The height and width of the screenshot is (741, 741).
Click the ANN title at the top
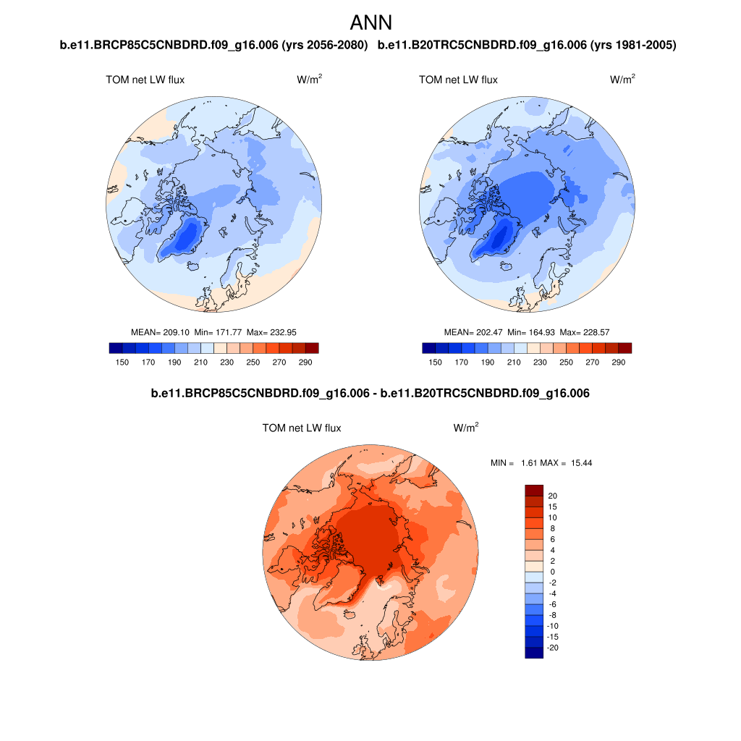tap(370, 22)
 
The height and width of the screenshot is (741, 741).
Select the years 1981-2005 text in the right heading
tap(633, 46)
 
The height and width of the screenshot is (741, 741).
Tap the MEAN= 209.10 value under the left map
tap(160, 332)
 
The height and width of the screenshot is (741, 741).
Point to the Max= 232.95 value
tap(271, 332)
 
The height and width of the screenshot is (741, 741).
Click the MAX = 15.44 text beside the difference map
tap(571, 462)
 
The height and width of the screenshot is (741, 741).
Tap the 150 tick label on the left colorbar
tap(122, 362)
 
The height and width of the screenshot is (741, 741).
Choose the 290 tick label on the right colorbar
tap(618, 362)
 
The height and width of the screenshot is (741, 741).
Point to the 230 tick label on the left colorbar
tap(226, 362)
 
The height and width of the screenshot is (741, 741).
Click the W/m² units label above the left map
tap(309, 80)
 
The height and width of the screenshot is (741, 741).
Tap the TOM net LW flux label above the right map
tap(458, 80)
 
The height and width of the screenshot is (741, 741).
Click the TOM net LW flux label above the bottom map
tap(302, 428)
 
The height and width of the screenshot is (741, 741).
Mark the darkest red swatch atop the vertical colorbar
tap(533, 490)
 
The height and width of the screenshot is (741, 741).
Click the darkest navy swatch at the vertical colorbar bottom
tap(533, 653)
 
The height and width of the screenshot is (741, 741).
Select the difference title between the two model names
tap(370, 394)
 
